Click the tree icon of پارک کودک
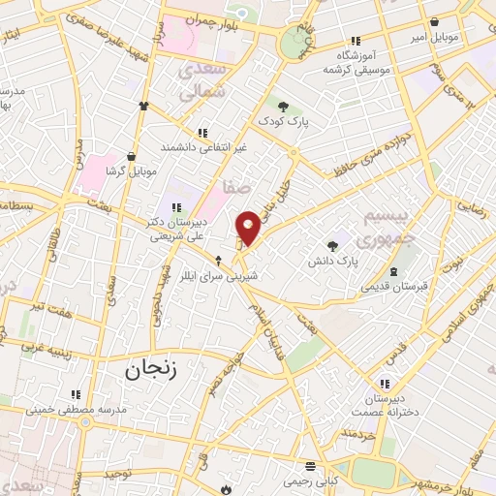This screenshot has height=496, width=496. tap(283, 107)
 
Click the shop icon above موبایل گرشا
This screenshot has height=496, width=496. tap(131, 156)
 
